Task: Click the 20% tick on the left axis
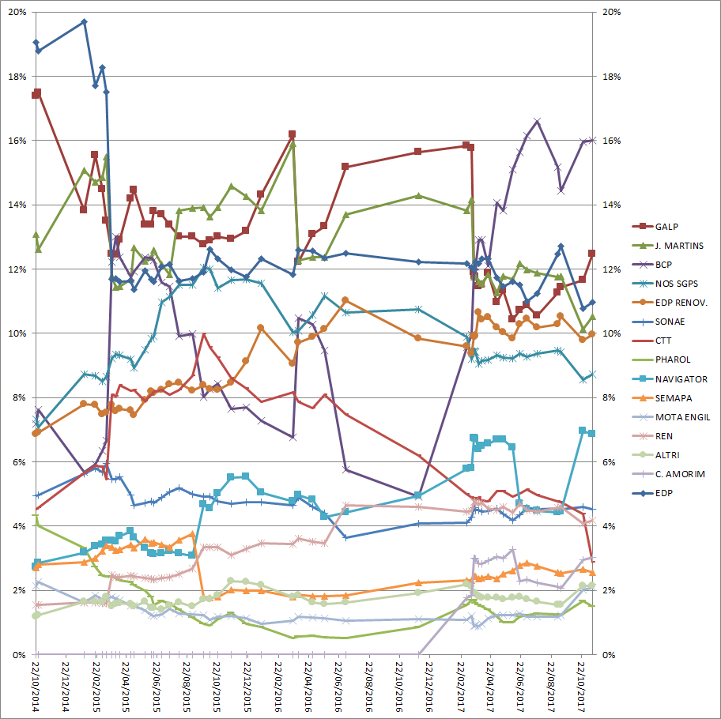point(16,13)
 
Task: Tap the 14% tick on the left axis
point(16,205)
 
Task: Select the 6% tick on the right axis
point(611,462)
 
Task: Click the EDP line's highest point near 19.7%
point(85,21)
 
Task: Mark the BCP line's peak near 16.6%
point(538,121)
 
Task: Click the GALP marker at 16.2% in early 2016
point(293,134)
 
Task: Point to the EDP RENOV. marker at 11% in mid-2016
point(345,300)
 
